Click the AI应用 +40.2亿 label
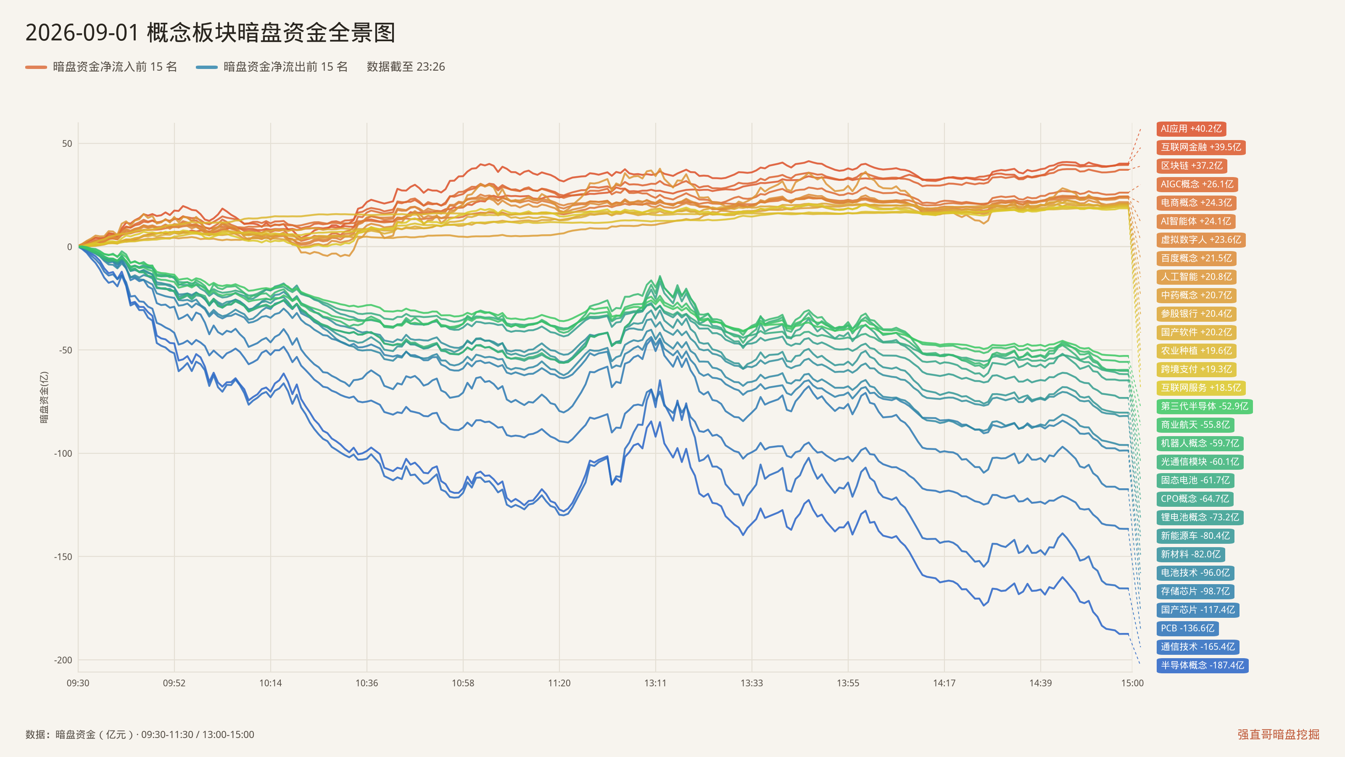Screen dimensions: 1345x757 [x=1191, y=129]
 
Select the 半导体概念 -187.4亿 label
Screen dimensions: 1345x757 [x=1203, y=665]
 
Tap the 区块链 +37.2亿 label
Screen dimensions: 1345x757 [x=1192, y=166]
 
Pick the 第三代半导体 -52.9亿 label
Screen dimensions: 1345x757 [x=1205, y=406]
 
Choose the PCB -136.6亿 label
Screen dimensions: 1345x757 [x=1187, y=628]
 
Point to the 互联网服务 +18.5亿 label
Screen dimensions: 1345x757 [x=1201, y=388]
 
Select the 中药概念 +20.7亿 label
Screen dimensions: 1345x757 [x=1196, y=295]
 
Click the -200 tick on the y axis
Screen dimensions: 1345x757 [x=63, y=660]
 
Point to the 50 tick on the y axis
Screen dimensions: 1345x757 [x=67, y=144]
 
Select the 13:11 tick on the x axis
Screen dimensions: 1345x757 [x=655, y=683]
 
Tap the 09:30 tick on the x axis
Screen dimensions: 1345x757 [x=78, y=683]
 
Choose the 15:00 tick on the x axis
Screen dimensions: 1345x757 [x=1132, y=683]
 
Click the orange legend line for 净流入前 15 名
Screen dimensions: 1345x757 [x=36, y=67]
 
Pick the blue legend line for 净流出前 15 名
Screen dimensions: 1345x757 [x=207, y=67]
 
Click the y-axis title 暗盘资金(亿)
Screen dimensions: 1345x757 [x=45, y=397]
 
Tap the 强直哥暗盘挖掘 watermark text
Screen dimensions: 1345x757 [x=1278, y=734]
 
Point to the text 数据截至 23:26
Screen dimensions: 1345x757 [x=406, y=67]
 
